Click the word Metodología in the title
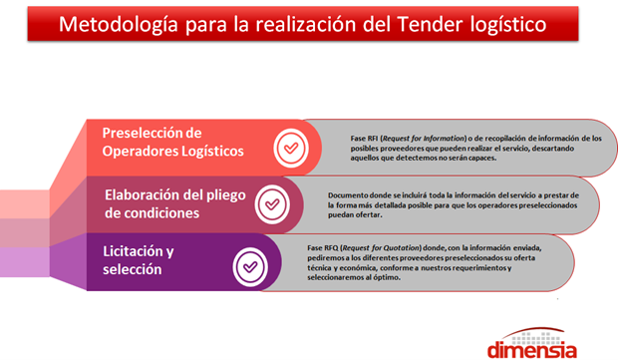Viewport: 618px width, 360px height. tap(119, 25)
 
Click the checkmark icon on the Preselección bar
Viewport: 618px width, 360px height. tap(291, 149)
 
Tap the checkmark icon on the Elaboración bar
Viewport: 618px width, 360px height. tap(272, 204)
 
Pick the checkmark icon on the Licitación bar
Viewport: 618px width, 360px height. tap(250, 267)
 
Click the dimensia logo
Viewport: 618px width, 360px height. tap(532, 343)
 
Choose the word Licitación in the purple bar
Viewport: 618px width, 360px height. tap(133, 251)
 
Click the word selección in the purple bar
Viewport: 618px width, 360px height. tap(133, 269)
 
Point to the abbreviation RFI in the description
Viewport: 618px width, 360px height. tap(373, 139)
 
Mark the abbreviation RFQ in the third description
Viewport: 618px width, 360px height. tap(331, 248)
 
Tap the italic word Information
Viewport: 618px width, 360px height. tap(445, 139)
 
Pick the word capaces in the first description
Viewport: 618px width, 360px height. tap(482, 159)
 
